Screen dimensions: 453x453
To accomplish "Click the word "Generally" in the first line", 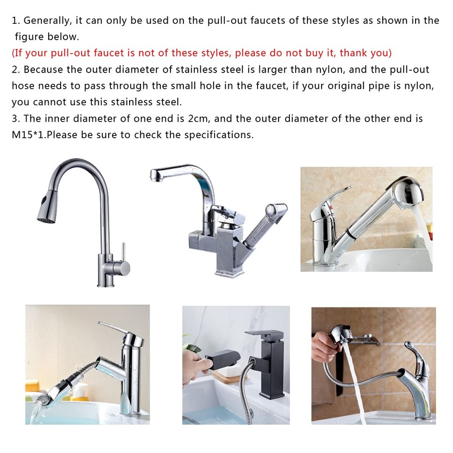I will (48, 20).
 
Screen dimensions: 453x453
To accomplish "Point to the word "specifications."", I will (220, 135).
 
